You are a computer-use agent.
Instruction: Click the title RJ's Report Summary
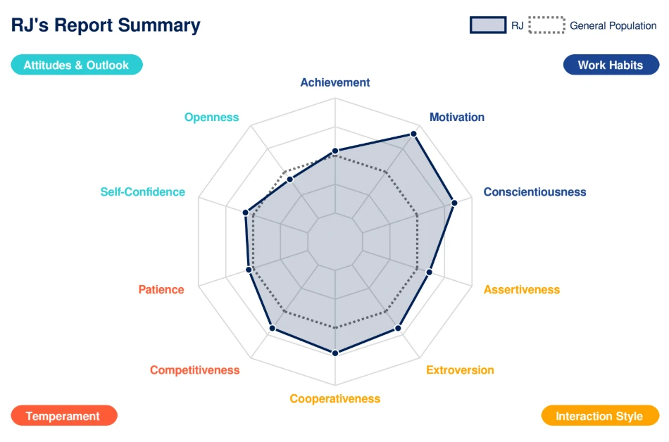[106, 25]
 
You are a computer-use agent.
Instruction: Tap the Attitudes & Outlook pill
[76, 65]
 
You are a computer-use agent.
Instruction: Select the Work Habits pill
[611, 65]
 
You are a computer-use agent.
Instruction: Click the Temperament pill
[63, 416]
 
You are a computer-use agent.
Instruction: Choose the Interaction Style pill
[599, 416]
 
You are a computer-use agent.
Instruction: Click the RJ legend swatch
[488, 25]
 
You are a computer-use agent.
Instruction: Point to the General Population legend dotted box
[547, 25]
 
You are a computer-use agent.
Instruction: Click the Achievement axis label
[335, 82]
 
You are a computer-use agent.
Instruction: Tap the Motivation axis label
[457, 118]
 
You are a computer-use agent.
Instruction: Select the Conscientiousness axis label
[534, 191]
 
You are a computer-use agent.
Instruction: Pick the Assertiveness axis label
[522, 289]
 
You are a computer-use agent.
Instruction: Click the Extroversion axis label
[460, 370]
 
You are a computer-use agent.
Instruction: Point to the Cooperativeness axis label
[335, 399]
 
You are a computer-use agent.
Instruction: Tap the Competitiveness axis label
[195, 370]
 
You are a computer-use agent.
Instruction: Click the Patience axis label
[161, 289]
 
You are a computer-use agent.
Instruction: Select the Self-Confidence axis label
[143, 191]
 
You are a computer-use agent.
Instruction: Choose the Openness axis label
[212, 118]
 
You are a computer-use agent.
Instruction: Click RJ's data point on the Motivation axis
[414, 133]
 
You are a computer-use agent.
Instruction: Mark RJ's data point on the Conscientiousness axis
[454, 203]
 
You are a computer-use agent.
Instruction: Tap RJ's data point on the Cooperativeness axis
[335, 353]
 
